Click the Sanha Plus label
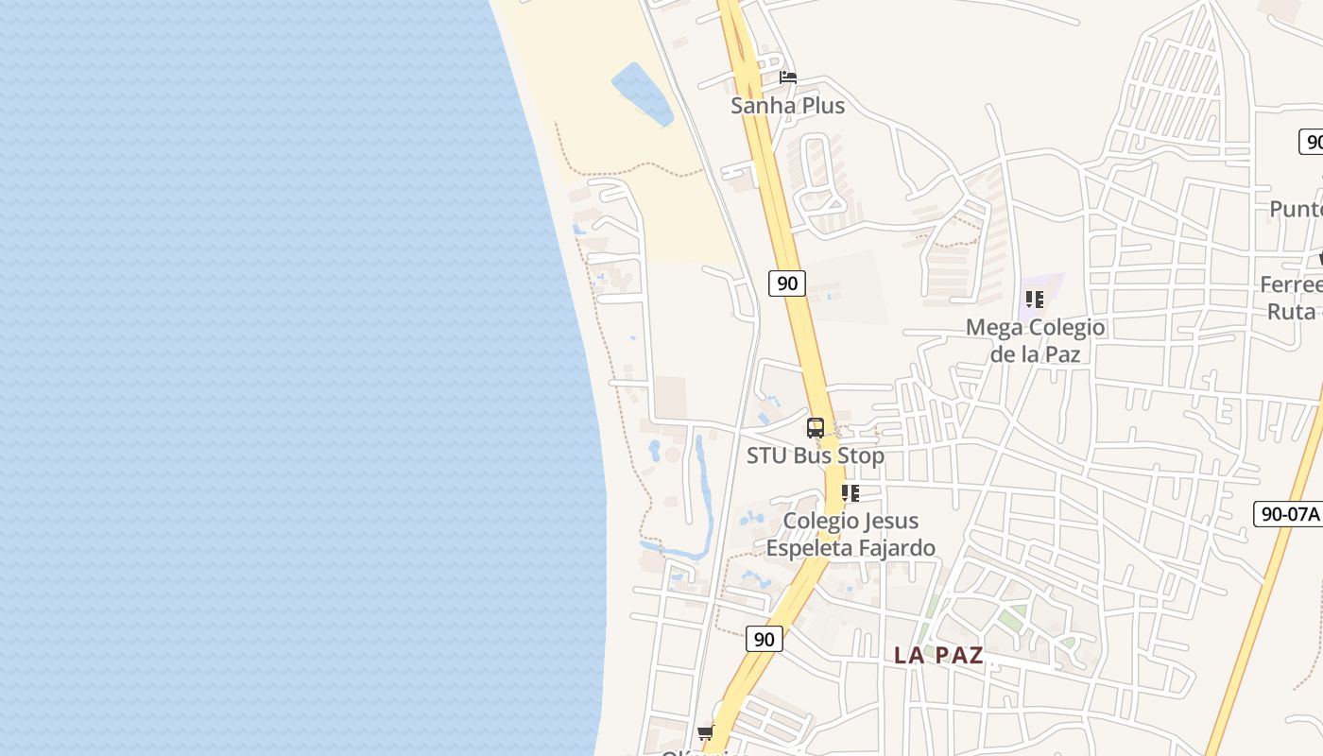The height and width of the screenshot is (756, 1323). pyautogui.click(x=787, y=106)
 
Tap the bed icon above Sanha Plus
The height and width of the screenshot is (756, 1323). pyautogui.click(x=788, y=77)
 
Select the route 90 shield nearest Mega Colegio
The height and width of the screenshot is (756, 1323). pyautogui.click(x=786, y=283)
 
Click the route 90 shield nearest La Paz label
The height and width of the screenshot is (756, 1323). pyautogui.click(x=765, y=639)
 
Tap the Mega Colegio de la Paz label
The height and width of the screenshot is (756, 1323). pyautogui.click(x=1035, y=340)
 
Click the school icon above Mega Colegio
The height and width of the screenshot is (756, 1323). pyautogui.click(x=1035, y=300)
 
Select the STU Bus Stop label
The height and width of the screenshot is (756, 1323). pyautogui.click(x=816, y=455)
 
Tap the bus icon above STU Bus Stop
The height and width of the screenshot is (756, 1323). pyautogui.click(x=816, y=427)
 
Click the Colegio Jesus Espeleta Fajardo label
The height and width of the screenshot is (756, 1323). pyautogui.click(x=850, y=534)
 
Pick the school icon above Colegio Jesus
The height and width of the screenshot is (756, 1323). pyautogui.click(x=850, y=493)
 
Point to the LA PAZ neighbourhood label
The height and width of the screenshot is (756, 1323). pyautogui.click(x=938, y=655)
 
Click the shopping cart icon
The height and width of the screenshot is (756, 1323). pyautogui.click(x=705, y=733)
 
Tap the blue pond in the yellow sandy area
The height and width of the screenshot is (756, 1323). pyautogui.click(x=643, y=93)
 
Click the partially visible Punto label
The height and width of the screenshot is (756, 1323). pyautogui.click(x=1297, y=209)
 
